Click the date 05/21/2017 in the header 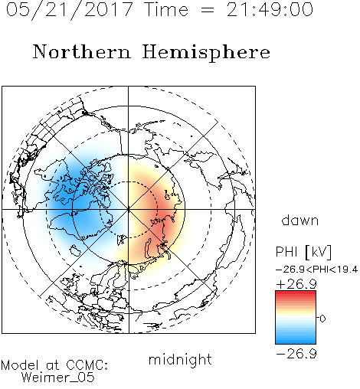(x=70, y=10)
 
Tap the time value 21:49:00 (x=270, y=9)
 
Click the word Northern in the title (x=82, y=51)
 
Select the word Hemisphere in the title (x=206, y=53)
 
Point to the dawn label (x=300, y=220)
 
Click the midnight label (x=180, y=360)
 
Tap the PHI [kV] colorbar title (x=303, y=252)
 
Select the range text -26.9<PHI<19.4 (x=316, y=270)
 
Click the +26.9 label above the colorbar (x=296, y=284)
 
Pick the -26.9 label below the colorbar (x=296, y=354)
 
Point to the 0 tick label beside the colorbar (x=322, y=319)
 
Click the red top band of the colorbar (x=296, y=294)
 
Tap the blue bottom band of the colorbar (x=296, y=340)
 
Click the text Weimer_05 (x=58, y=378)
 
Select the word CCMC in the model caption (x=87, y=365)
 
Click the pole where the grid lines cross (x=128, y=209)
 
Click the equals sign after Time (x=208, y=10)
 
